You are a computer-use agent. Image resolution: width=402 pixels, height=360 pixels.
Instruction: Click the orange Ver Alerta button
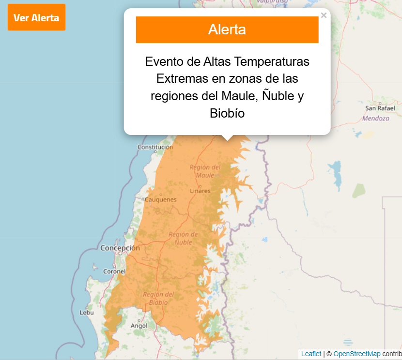pyautogui.click(x=36, y=18)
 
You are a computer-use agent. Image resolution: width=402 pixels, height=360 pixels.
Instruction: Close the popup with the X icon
pyautogui.click(x=324, y=15)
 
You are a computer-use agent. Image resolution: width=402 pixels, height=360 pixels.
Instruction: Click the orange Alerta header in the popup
pyautogui.click(x=227, y=30)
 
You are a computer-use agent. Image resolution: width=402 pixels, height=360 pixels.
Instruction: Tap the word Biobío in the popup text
pyautogui.click(x=227, y=113)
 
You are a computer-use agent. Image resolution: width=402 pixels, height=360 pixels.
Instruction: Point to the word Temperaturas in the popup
pyautogui.click(x=271, y=62)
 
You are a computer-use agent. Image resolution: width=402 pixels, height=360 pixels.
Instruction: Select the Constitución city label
pyautogui.click(x=155, y=147)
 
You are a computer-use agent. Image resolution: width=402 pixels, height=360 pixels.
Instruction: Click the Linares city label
pyautogui.click(x=200, y=191)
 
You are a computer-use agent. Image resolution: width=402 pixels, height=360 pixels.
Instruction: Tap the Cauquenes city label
pyautogui.click(x=161, y=199)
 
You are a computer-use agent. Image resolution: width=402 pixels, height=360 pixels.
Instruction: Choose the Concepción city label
pyautogui.click(x=120, y=248)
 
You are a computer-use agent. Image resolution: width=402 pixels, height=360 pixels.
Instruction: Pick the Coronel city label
pyautogui.click(x=114, y=271)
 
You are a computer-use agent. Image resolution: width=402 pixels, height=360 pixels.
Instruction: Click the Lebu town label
pyautogui.click(x=86, y=313)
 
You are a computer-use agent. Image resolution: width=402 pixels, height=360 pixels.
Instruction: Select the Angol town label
pyautogui.click(x=139, y=326)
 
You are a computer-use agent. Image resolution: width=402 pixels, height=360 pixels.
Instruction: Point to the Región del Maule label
pyautogui.click(x=205, y=171)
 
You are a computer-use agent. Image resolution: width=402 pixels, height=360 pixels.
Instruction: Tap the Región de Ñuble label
pyautogui.click(x=183, y=238)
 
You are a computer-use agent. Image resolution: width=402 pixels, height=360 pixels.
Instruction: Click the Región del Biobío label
pyautogui.click(x=158, y=298)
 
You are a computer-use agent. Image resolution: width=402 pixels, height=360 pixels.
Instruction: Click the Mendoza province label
pyautogui.click(x=375, y=118)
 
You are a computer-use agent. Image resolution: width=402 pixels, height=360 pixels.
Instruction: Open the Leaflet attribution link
pyautogui.click(x=311, y=354)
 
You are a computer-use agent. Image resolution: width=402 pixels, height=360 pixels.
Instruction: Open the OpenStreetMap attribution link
pyautogui.click(x=357, y=354)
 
